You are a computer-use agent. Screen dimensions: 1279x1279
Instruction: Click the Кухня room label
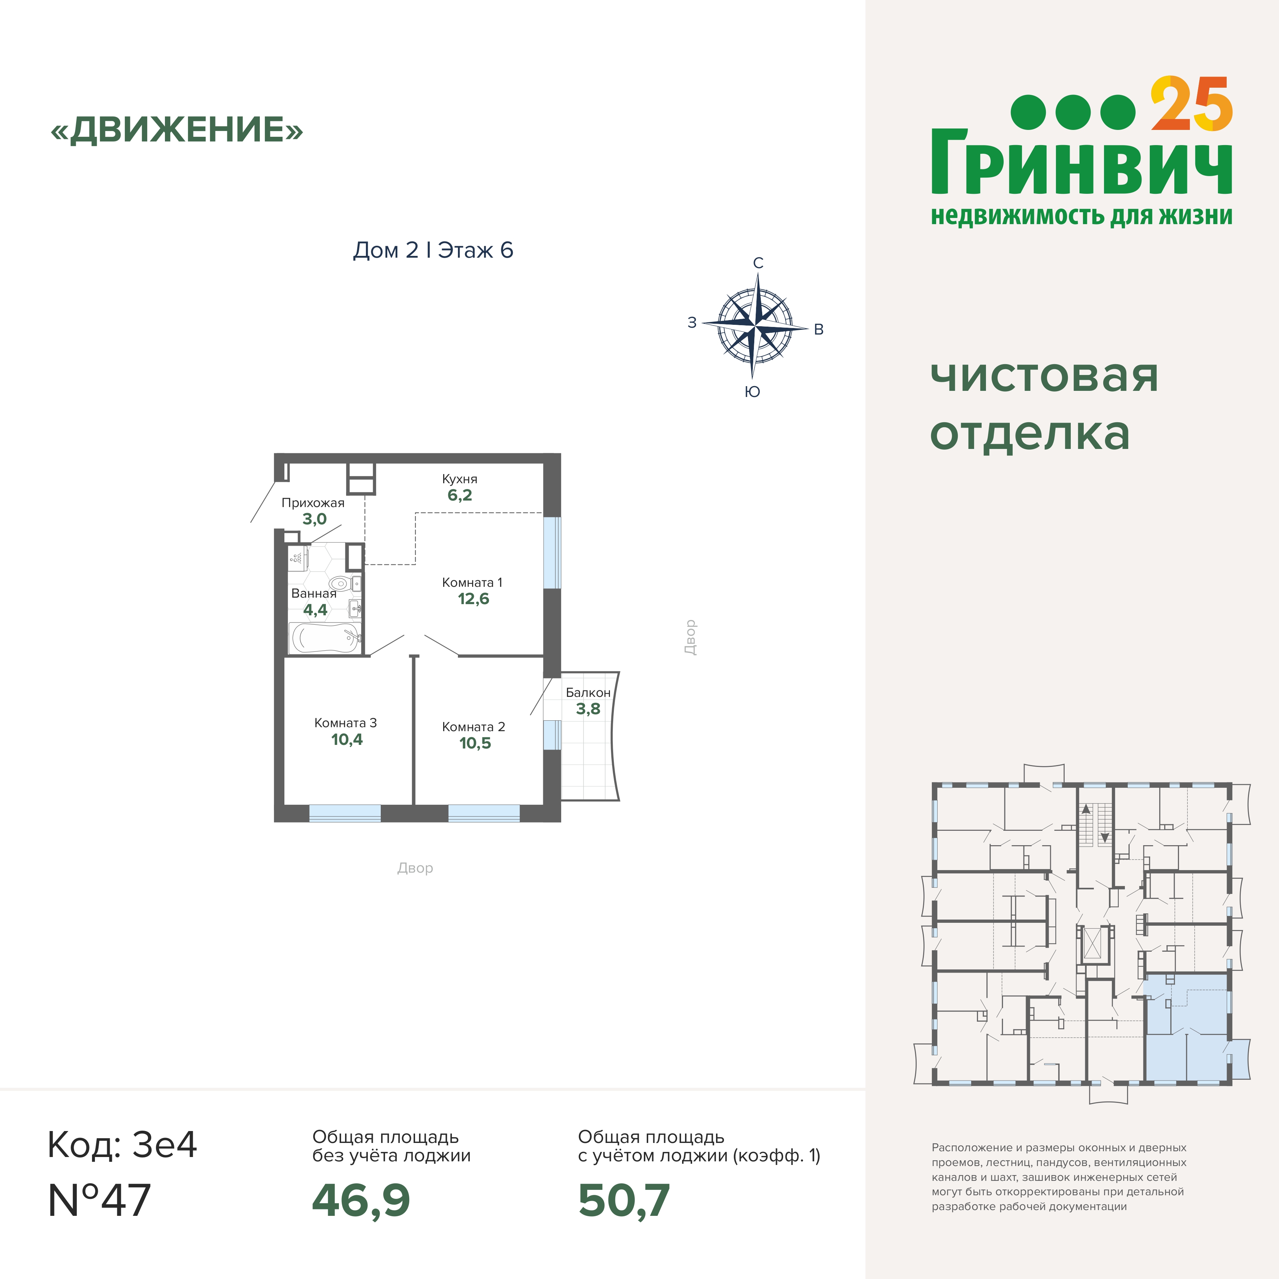pos(459,479)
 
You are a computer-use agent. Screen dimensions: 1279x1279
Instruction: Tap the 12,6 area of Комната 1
pos(473,599)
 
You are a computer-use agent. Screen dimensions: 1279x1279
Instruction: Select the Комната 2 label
pos(473,727)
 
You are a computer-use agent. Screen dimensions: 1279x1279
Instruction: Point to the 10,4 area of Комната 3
pos(347,739)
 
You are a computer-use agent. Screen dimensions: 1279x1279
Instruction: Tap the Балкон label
pos(588,693)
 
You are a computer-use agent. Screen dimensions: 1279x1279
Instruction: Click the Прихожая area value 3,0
pos(314,519)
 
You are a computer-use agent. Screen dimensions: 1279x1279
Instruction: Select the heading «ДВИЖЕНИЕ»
pos(177,130)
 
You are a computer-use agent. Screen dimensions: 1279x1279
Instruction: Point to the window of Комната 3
pos(345,813)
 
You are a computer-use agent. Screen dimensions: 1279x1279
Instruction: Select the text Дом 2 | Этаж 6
pos(433,250)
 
